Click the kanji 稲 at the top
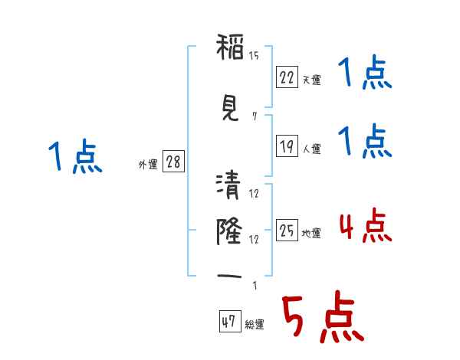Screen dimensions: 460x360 230,47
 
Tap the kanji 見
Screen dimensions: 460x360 230,108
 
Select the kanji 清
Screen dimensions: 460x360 228,185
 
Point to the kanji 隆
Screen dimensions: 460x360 229,231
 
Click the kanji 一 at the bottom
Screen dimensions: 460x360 229,276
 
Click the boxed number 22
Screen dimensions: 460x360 287,77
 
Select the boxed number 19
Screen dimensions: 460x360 287,146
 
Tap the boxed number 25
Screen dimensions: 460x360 287,230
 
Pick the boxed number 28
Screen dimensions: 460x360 173,162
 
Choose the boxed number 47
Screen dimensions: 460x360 230,321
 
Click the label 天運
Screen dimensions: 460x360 311,80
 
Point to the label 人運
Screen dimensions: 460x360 311,149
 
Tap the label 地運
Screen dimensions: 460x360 311,233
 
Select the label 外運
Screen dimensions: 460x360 148,165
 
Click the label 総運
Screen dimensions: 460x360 255,324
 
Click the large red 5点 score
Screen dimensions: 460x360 323,316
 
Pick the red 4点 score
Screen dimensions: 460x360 366,225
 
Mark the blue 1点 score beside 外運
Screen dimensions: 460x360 75,156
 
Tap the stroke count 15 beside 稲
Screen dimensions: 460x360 254,56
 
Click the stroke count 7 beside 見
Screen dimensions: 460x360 255,116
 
